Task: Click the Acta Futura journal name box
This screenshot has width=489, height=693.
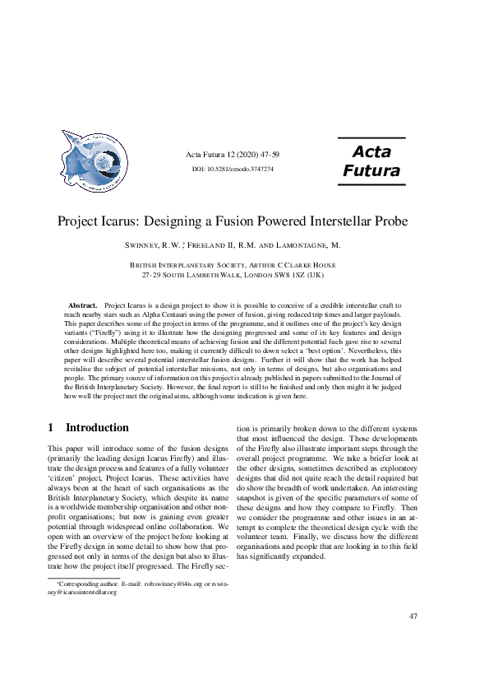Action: click(x=371, y=160)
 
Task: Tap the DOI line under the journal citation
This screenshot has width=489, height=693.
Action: click(x=233, y=169)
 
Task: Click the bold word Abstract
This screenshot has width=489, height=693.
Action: click(x=83, y=305)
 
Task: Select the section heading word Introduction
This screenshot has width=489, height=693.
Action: click(x=97, y=427)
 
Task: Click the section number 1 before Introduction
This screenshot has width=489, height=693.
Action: click(x=50, y=427)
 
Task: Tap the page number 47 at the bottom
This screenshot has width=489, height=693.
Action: click(x=413, y=616)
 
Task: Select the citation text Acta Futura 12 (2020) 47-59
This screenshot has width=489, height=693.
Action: click(x=233, y=155)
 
